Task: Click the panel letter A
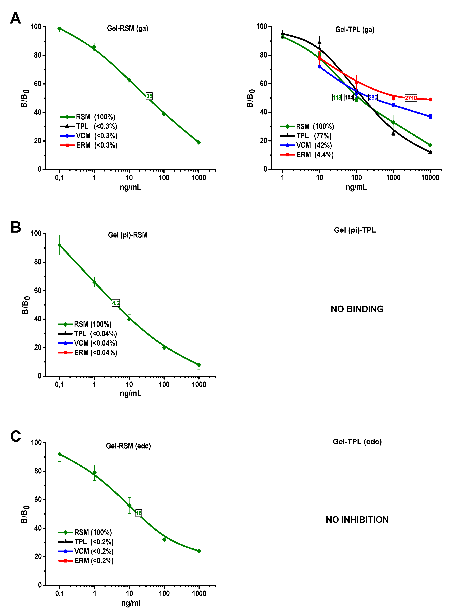coord(16,18)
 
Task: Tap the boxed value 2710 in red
coord(411,98)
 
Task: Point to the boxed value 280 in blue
coord(373,97)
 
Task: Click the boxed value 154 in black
coord(349,97)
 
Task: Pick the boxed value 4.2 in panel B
coord(116,303)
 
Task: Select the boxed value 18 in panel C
coord(139,513)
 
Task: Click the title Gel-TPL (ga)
coord(355,30)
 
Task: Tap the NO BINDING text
coord(357,309)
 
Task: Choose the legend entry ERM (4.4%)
coord(307,155)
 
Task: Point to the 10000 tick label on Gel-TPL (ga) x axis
coord(430,177)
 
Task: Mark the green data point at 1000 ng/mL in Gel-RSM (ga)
coord(199,142)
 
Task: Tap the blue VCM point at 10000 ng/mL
coord(430,117)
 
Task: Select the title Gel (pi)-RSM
coord(128,235)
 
